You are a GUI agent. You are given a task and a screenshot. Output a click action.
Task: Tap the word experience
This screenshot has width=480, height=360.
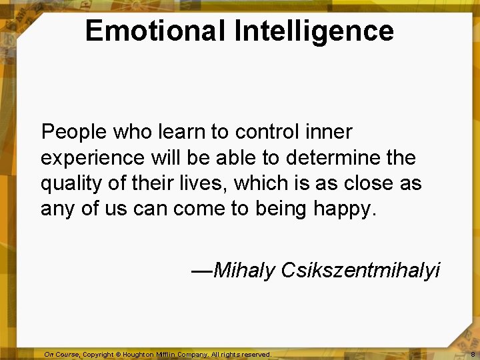pos(93,159)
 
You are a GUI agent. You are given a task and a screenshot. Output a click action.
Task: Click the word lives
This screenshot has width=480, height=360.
pos(207,183)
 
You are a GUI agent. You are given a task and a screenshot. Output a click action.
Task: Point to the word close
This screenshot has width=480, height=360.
pos(361,183)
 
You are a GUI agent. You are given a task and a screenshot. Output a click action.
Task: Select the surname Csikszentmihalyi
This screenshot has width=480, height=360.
pos(361,270)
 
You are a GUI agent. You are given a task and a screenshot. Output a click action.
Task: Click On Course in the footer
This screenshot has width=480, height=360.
pos(61,355)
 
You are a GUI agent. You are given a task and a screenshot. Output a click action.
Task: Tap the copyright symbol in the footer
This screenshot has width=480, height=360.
pos(116,355)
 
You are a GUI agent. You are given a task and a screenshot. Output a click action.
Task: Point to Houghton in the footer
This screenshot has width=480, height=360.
pos(139,355)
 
